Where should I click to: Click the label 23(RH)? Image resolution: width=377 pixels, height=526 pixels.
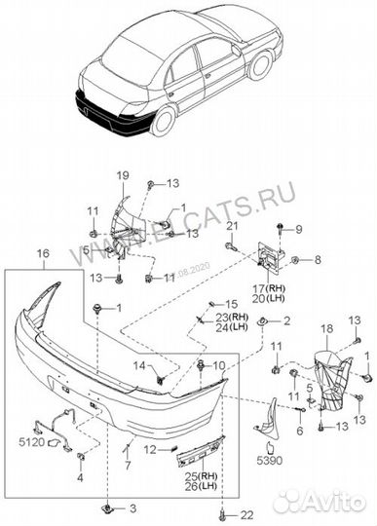tap(231, 318)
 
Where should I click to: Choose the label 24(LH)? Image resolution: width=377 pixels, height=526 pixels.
tap(231, 328)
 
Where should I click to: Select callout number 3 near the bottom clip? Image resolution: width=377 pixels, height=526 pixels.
tap(133, 508)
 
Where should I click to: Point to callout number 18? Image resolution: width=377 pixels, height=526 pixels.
tap(327, 329)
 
